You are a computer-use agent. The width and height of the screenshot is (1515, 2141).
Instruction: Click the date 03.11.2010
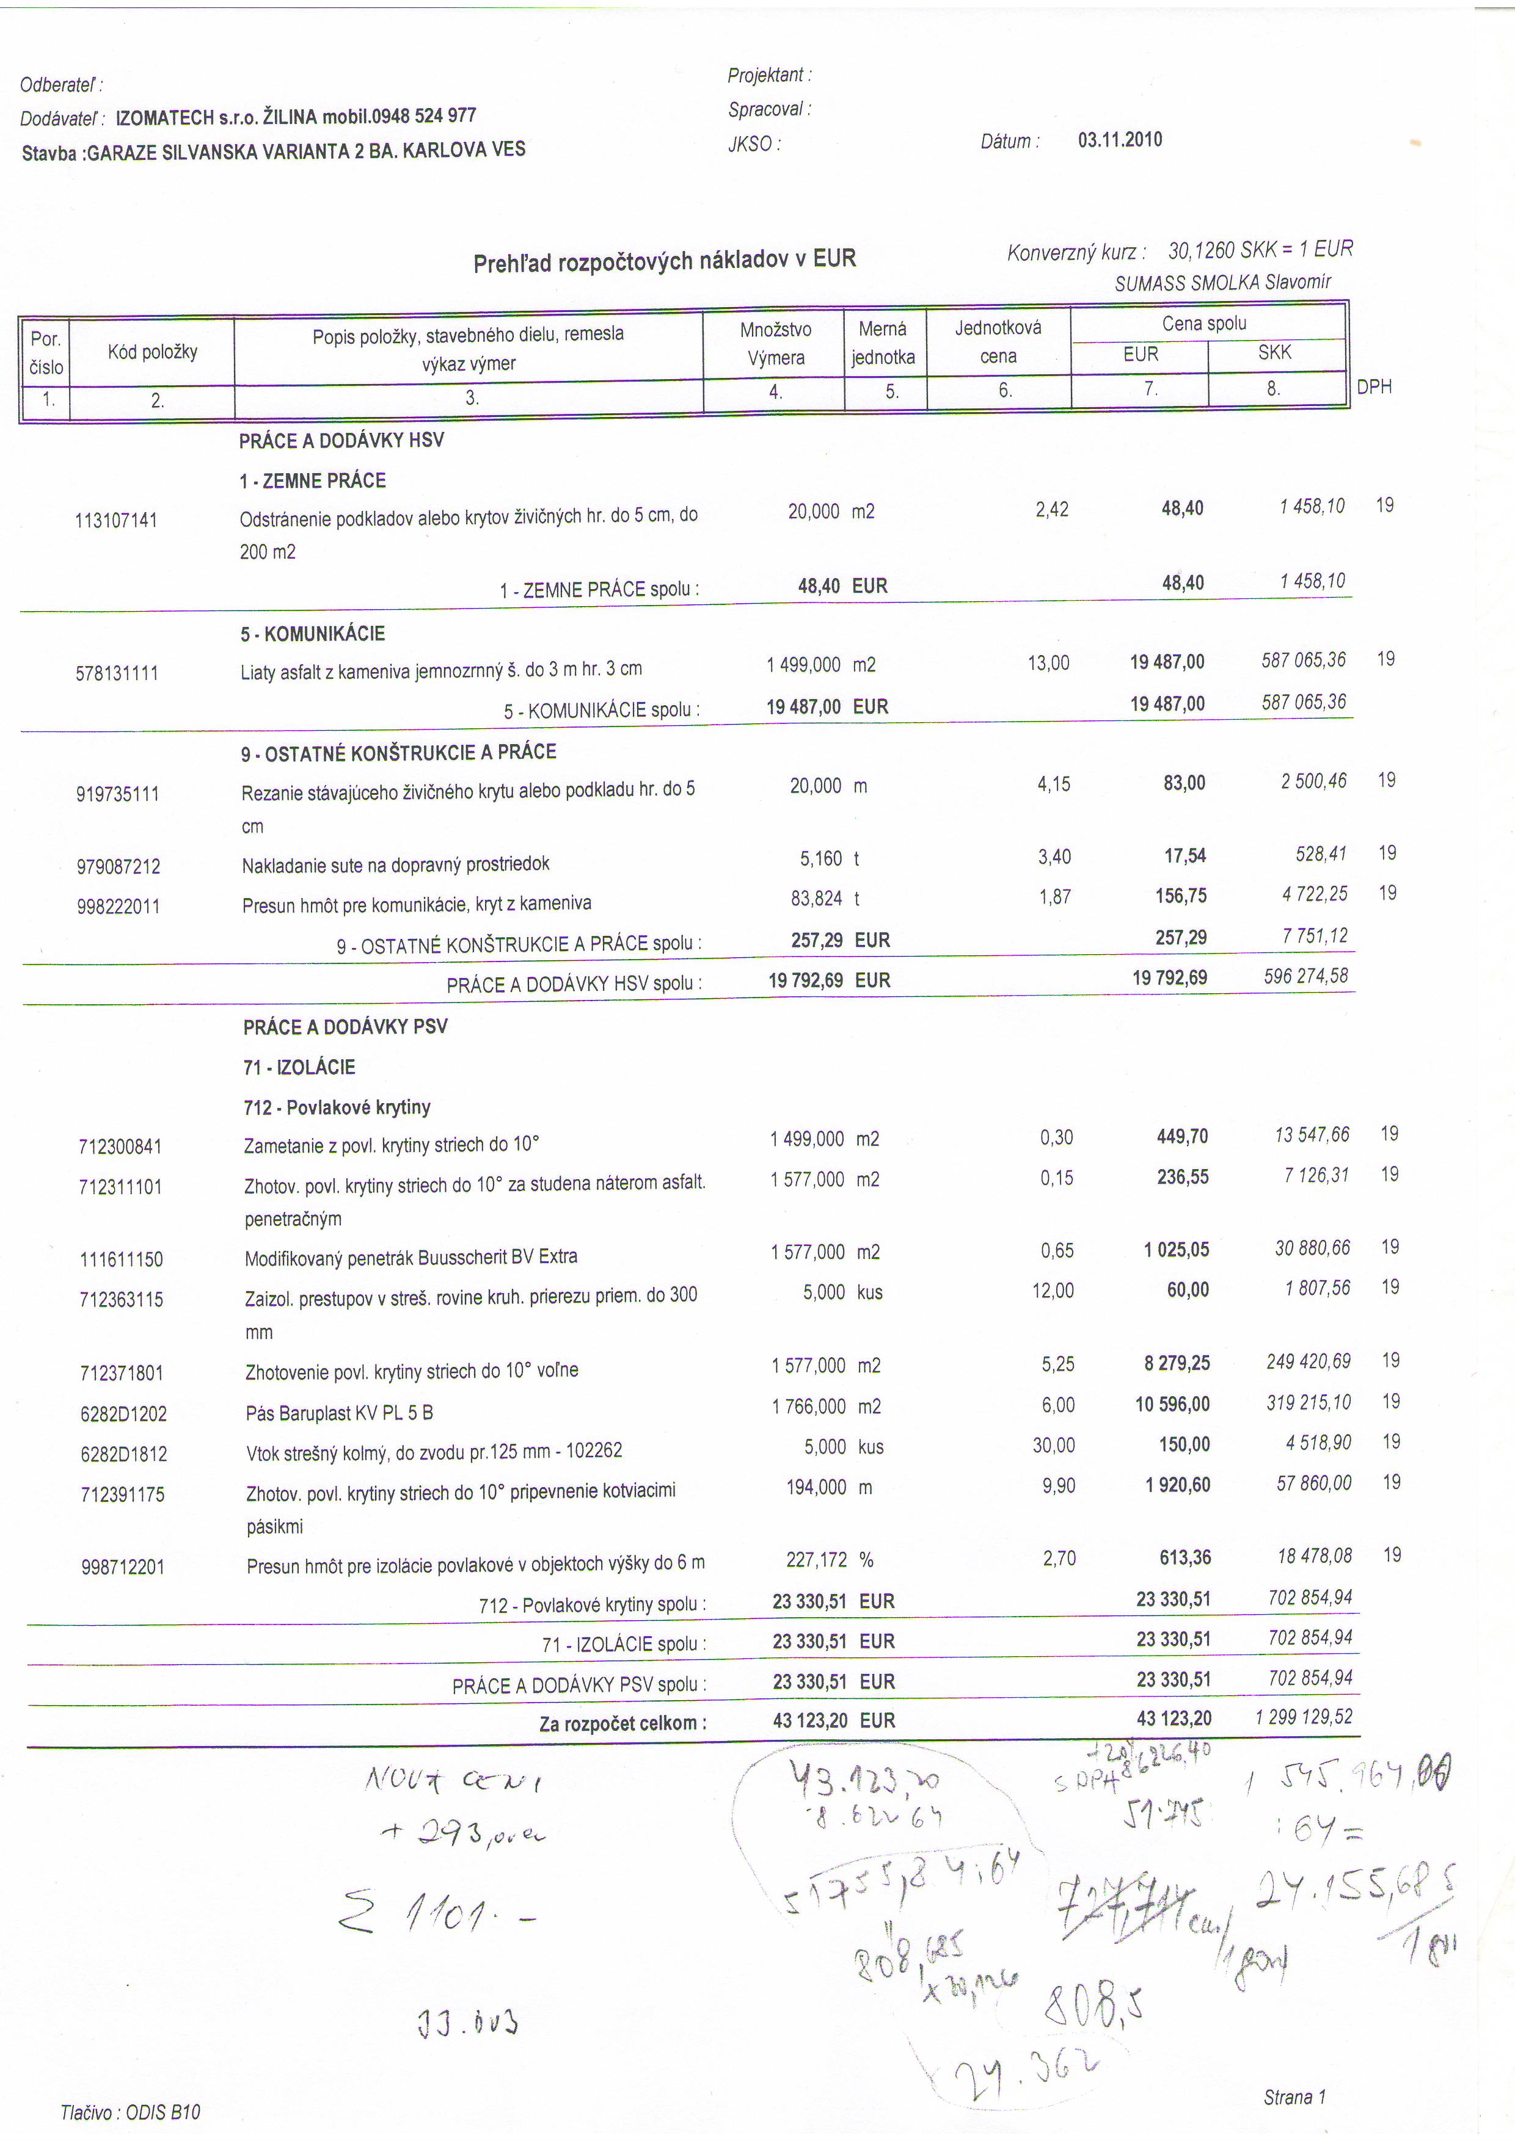(x=1120, y=140)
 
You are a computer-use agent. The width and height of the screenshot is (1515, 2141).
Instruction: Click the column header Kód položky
(x=152, y=352)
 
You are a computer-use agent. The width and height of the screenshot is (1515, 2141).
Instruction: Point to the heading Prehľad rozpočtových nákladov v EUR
(x=664, y=260)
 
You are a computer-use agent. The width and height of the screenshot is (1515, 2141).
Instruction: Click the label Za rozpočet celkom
(x=622, y=1723)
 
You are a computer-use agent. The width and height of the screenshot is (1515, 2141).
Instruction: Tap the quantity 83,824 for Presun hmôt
(x=816, y=898)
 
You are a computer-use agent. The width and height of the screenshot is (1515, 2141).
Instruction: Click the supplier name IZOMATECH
(x=164, y=117)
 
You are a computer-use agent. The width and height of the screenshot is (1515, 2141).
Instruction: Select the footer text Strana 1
(x=1294, y=2097)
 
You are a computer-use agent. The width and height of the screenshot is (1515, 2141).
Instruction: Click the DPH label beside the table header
(x=1373, y=387)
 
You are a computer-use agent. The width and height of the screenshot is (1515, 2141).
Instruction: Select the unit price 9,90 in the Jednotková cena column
(x=1058, y=1485)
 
